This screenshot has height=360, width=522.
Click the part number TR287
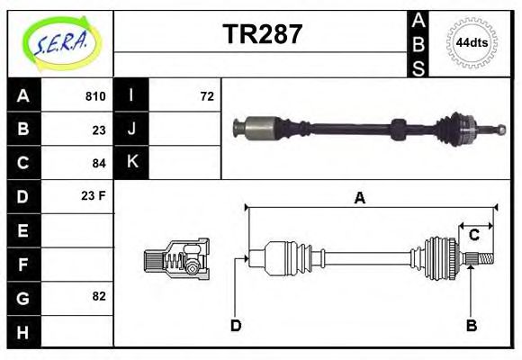point(262,35)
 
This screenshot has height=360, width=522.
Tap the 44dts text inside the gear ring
point(472,42)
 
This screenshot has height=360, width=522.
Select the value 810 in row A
point(94,96)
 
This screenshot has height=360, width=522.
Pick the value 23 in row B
point(98,130)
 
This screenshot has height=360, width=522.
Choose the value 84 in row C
point(98,163)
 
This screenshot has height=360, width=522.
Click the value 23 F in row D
point(94,195)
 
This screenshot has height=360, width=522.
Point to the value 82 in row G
point(98,295)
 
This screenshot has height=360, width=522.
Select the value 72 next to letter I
point(206,96)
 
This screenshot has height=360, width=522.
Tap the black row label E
point(23,230)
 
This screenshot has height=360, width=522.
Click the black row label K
point(132,163)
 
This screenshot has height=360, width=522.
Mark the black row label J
point(132,130)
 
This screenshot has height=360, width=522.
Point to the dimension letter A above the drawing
point(359,199)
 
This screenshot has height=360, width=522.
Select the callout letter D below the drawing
point(236,325)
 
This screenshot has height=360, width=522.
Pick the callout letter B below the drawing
point(471,325)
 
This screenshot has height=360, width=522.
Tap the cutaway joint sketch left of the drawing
point(176,258)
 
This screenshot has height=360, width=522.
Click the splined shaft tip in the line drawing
point(483,260)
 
